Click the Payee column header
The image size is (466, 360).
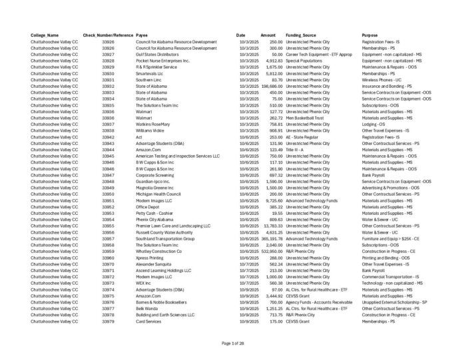142,35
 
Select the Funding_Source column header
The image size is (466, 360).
301,35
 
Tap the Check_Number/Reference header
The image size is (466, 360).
108,35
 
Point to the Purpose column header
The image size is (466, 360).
370,35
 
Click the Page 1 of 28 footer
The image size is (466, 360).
233,343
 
